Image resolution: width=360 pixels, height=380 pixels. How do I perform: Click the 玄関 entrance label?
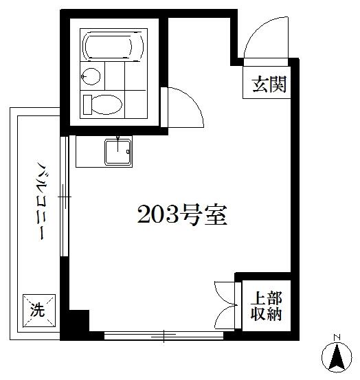click(x=269, y=84)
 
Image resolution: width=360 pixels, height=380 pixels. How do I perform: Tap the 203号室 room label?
click(x=182, y=214)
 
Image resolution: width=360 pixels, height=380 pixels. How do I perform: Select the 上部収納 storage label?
click(x=266, y=306)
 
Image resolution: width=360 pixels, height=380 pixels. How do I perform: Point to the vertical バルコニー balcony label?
click(x=42, y=200)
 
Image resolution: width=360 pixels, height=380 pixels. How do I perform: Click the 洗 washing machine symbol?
click(x=39, y=311)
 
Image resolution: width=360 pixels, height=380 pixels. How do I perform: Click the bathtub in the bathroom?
click(x=113, y=46)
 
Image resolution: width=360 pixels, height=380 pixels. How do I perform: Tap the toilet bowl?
click(x=106, y=104)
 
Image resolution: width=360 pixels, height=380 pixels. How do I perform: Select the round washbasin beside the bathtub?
click(x=91, y=76)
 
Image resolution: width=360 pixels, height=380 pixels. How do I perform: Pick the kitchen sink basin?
click(x=117, y=152)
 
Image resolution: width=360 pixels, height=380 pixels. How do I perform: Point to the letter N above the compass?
click(x=336, y=337)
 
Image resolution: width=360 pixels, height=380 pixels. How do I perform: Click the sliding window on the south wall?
click(x=164, y=336)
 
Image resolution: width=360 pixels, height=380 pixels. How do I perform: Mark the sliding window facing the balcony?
click(x=65, y=197)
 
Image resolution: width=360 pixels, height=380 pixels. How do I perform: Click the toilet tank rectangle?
click(x=87, y=104)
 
